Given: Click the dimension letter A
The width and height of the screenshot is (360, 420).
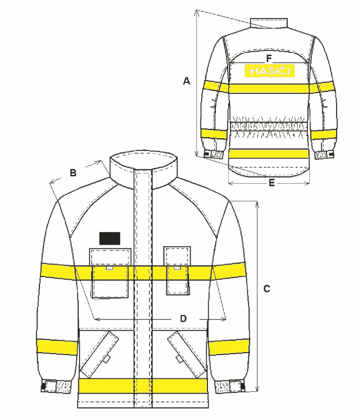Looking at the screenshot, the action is click(186, 80).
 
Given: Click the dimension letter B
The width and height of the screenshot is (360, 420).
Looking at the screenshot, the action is click(73, 173).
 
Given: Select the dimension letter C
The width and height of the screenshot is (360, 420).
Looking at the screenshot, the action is click(266, 289).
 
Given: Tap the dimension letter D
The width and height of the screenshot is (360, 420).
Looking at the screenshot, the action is click(183, 319).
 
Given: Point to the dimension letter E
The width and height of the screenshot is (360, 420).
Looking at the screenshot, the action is click(271, 183).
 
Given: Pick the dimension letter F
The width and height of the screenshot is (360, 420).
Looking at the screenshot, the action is click(269, 58).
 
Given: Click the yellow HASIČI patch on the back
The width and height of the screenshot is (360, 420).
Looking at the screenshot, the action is click(269, 71).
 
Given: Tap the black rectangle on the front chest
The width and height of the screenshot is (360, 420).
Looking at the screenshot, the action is click(109, 238).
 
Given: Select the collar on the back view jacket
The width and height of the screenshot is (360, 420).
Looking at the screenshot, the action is click(269, 23).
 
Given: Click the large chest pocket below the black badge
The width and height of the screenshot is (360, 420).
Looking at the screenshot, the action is click(110, 273).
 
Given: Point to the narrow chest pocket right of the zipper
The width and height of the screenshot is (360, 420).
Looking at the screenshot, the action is click(177, 271).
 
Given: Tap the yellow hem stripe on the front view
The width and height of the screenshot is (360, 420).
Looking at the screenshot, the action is click(143, 386).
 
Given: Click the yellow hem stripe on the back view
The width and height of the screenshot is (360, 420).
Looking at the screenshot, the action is click(268, 154).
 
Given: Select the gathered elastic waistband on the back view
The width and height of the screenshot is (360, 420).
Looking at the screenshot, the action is click(268, 126).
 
